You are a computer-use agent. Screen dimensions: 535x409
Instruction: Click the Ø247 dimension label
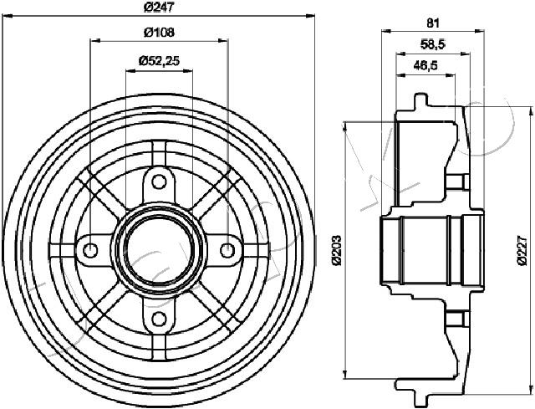coord(159,8)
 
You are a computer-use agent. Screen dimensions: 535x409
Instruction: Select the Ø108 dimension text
coord(159,33)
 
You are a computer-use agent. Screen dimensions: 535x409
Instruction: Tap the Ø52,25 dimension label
coord(159,61)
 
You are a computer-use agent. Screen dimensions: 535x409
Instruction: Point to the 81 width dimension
coord(433,23)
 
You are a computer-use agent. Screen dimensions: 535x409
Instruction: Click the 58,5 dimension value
coord(433,44)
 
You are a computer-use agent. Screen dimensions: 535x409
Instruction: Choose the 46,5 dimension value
coord(425,65)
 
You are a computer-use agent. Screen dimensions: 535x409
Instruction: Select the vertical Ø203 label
coord(337,249)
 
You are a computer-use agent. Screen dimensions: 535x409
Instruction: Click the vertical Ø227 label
coord(522,249)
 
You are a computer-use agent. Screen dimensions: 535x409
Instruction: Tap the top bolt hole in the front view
coord(159,182)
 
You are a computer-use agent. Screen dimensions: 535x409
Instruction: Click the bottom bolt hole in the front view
coord(159,319)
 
